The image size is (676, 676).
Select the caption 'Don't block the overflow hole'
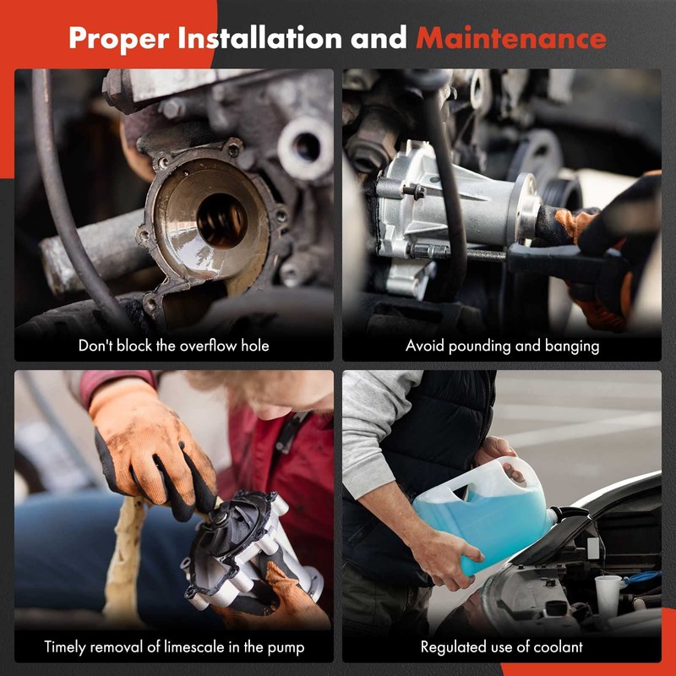point(174,346)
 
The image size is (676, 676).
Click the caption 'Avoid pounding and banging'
point(502,346)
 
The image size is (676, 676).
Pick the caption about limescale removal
point(174,648)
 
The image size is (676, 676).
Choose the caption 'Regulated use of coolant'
point(502,648)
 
